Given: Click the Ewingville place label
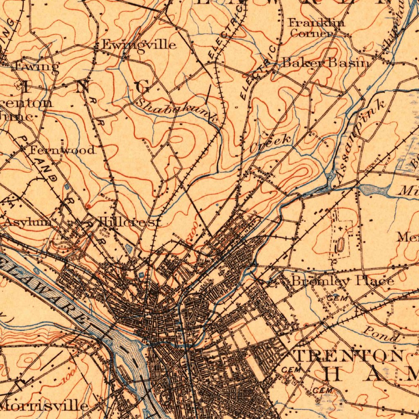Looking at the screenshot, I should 139,45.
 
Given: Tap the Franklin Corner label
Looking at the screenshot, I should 316,28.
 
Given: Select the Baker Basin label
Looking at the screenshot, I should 326,63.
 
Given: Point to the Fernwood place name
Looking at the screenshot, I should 63,150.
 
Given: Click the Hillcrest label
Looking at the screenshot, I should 130,223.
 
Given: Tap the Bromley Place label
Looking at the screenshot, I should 342,281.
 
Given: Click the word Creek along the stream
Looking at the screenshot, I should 271,142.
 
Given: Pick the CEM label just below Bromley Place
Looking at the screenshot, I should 337,299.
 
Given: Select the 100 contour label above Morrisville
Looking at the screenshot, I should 70,377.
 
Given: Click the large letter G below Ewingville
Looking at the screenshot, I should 143,87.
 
